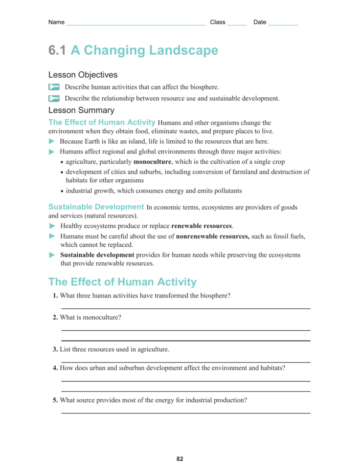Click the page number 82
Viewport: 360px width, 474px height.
click(180, 459)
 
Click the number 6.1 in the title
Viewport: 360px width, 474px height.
click(57, 50)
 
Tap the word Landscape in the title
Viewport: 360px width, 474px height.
click(184, 50)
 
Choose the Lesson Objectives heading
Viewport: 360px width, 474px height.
click(83, 75)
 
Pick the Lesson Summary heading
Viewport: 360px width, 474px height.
click(81, 110)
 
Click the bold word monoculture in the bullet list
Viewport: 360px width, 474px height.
click(152, 162)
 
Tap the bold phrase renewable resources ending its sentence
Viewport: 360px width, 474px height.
click(202, 226)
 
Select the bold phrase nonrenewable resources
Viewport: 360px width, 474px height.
click(212, 236)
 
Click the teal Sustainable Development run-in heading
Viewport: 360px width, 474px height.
click(96, 207)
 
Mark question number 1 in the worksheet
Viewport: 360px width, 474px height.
click(55, 296)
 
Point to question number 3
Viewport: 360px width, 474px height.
click(55, 349)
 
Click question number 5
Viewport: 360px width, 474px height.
click(55, 400)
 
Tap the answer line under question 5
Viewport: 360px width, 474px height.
click(185, 413)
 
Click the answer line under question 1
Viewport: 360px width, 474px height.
click(185, 308)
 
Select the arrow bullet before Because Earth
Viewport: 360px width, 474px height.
click(52, 141)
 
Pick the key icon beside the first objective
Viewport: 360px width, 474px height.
click(54, 87)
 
